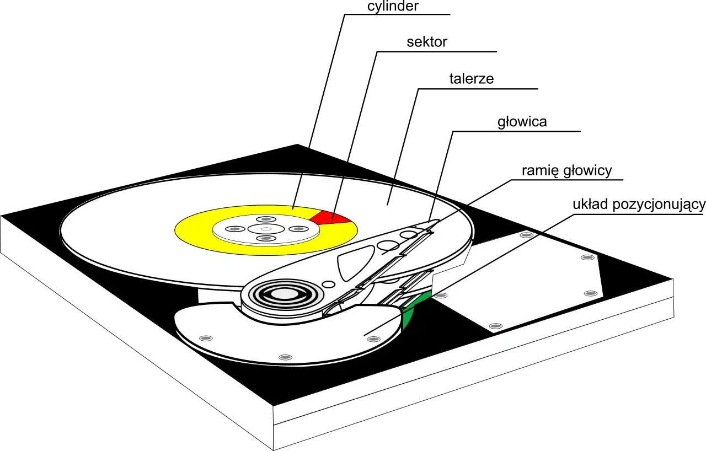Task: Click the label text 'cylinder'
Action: point(393,6)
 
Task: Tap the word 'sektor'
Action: point(427,42)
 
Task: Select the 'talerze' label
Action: point(472,79)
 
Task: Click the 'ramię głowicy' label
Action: point(566,171)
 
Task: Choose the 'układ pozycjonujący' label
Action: point(639,205)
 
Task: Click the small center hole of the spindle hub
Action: point(266,229)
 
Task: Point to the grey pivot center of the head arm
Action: point(284,294)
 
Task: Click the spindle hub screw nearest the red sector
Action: point(298,229)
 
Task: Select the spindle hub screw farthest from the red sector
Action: point(233,229)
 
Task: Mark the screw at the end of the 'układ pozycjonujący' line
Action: point(374,339)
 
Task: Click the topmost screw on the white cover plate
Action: point(526,235)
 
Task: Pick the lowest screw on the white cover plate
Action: point(495,326)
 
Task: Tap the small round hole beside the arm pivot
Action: point(329,284)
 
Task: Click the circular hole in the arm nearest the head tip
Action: point(409,234)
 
